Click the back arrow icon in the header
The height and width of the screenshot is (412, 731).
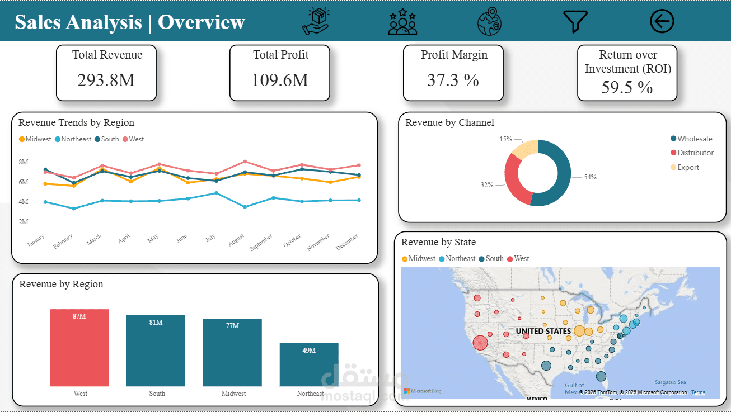(x=662, y=21)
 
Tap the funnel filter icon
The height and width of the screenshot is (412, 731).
(x=575, y=21)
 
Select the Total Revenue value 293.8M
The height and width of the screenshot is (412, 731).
(x=106, y=80)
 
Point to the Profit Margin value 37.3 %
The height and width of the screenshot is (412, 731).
(x=453, y=80)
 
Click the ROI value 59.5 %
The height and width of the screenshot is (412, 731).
(x=627, y=87)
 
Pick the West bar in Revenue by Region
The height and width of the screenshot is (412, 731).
(x=79, y=348)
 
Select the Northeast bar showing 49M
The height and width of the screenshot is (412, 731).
(x=309, y=364)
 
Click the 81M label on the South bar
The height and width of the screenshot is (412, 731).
(x=156, y=323)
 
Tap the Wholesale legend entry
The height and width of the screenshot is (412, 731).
(x=694, y=139)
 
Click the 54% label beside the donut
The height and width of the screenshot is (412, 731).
(x=590, y=177)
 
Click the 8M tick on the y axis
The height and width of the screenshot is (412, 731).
(x=24, y=162)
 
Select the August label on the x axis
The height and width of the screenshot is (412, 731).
(x=237, y=241)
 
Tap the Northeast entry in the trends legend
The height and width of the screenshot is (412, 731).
(x=76, y=139)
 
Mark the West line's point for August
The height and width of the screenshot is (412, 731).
(x=245, y=162)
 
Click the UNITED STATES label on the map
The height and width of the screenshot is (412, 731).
(x=543, y=331)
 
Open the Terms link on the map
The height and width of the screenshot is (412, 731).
(x=698, y=392)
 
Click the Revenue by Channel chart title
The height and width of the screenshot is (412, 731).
(x=449, y=122)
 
